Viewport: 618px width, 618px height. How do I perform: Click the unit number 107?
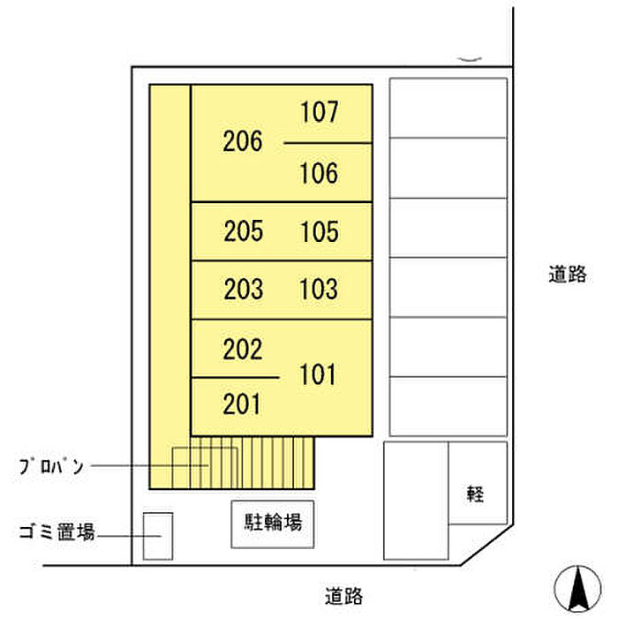tap(319, 113)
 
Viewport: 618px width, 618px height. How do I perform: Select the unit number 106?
tap(319, 173)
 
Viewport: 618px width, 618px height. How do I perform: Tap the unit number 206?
tap(243, 141)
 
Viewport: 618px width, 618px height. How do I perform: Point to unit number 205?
tap(243, 231)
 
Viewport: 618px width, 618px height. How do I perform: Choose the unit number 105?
tap(319, 231)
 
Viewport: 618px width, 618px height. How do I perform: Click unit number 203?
tap(243, 289)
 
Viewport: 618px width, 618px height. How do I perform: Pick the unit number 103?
tap(319, 289)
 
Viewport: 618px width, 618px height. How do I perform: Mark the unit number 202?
tap(243, 350)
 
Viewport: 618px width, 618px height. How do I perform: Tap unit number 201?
tap(243, 404)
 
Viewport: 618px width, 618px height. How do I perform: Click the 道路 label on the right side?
tap(566, 275)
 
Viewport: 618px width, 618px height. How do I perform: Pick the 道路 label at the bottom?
tap(343, 596)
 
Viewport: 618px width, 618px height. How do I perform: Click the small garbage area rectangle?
tap(158, 536)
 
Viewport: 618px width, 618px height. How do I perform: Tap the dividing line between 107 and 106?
tap(327, 143)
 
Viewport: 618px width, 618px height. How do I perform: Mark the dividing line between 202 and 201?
tap(235, 378)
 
